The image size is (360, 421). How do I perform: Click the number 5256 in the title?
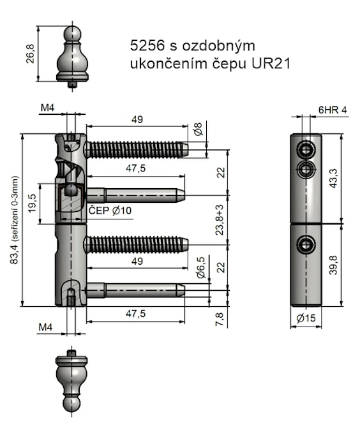(x=146, y=46)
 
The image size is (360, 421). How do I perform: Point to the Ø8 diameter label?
(x=198, y=129)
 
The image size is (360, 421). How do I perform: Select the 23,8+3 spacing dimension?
(x=220, y=220)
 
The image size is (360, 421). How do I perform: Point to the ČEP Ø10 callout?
(x=109, y=211)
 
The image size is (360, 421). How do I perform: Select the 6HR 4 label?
(x=332, y=110)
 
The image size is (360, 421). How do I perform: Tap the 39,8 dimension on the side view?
(x=350, y=265)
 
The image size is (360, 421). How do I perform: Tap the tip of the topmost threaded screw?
(x=185, y=149)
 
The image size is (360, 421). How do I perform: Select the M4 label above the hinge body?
(x=46, y=108)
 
